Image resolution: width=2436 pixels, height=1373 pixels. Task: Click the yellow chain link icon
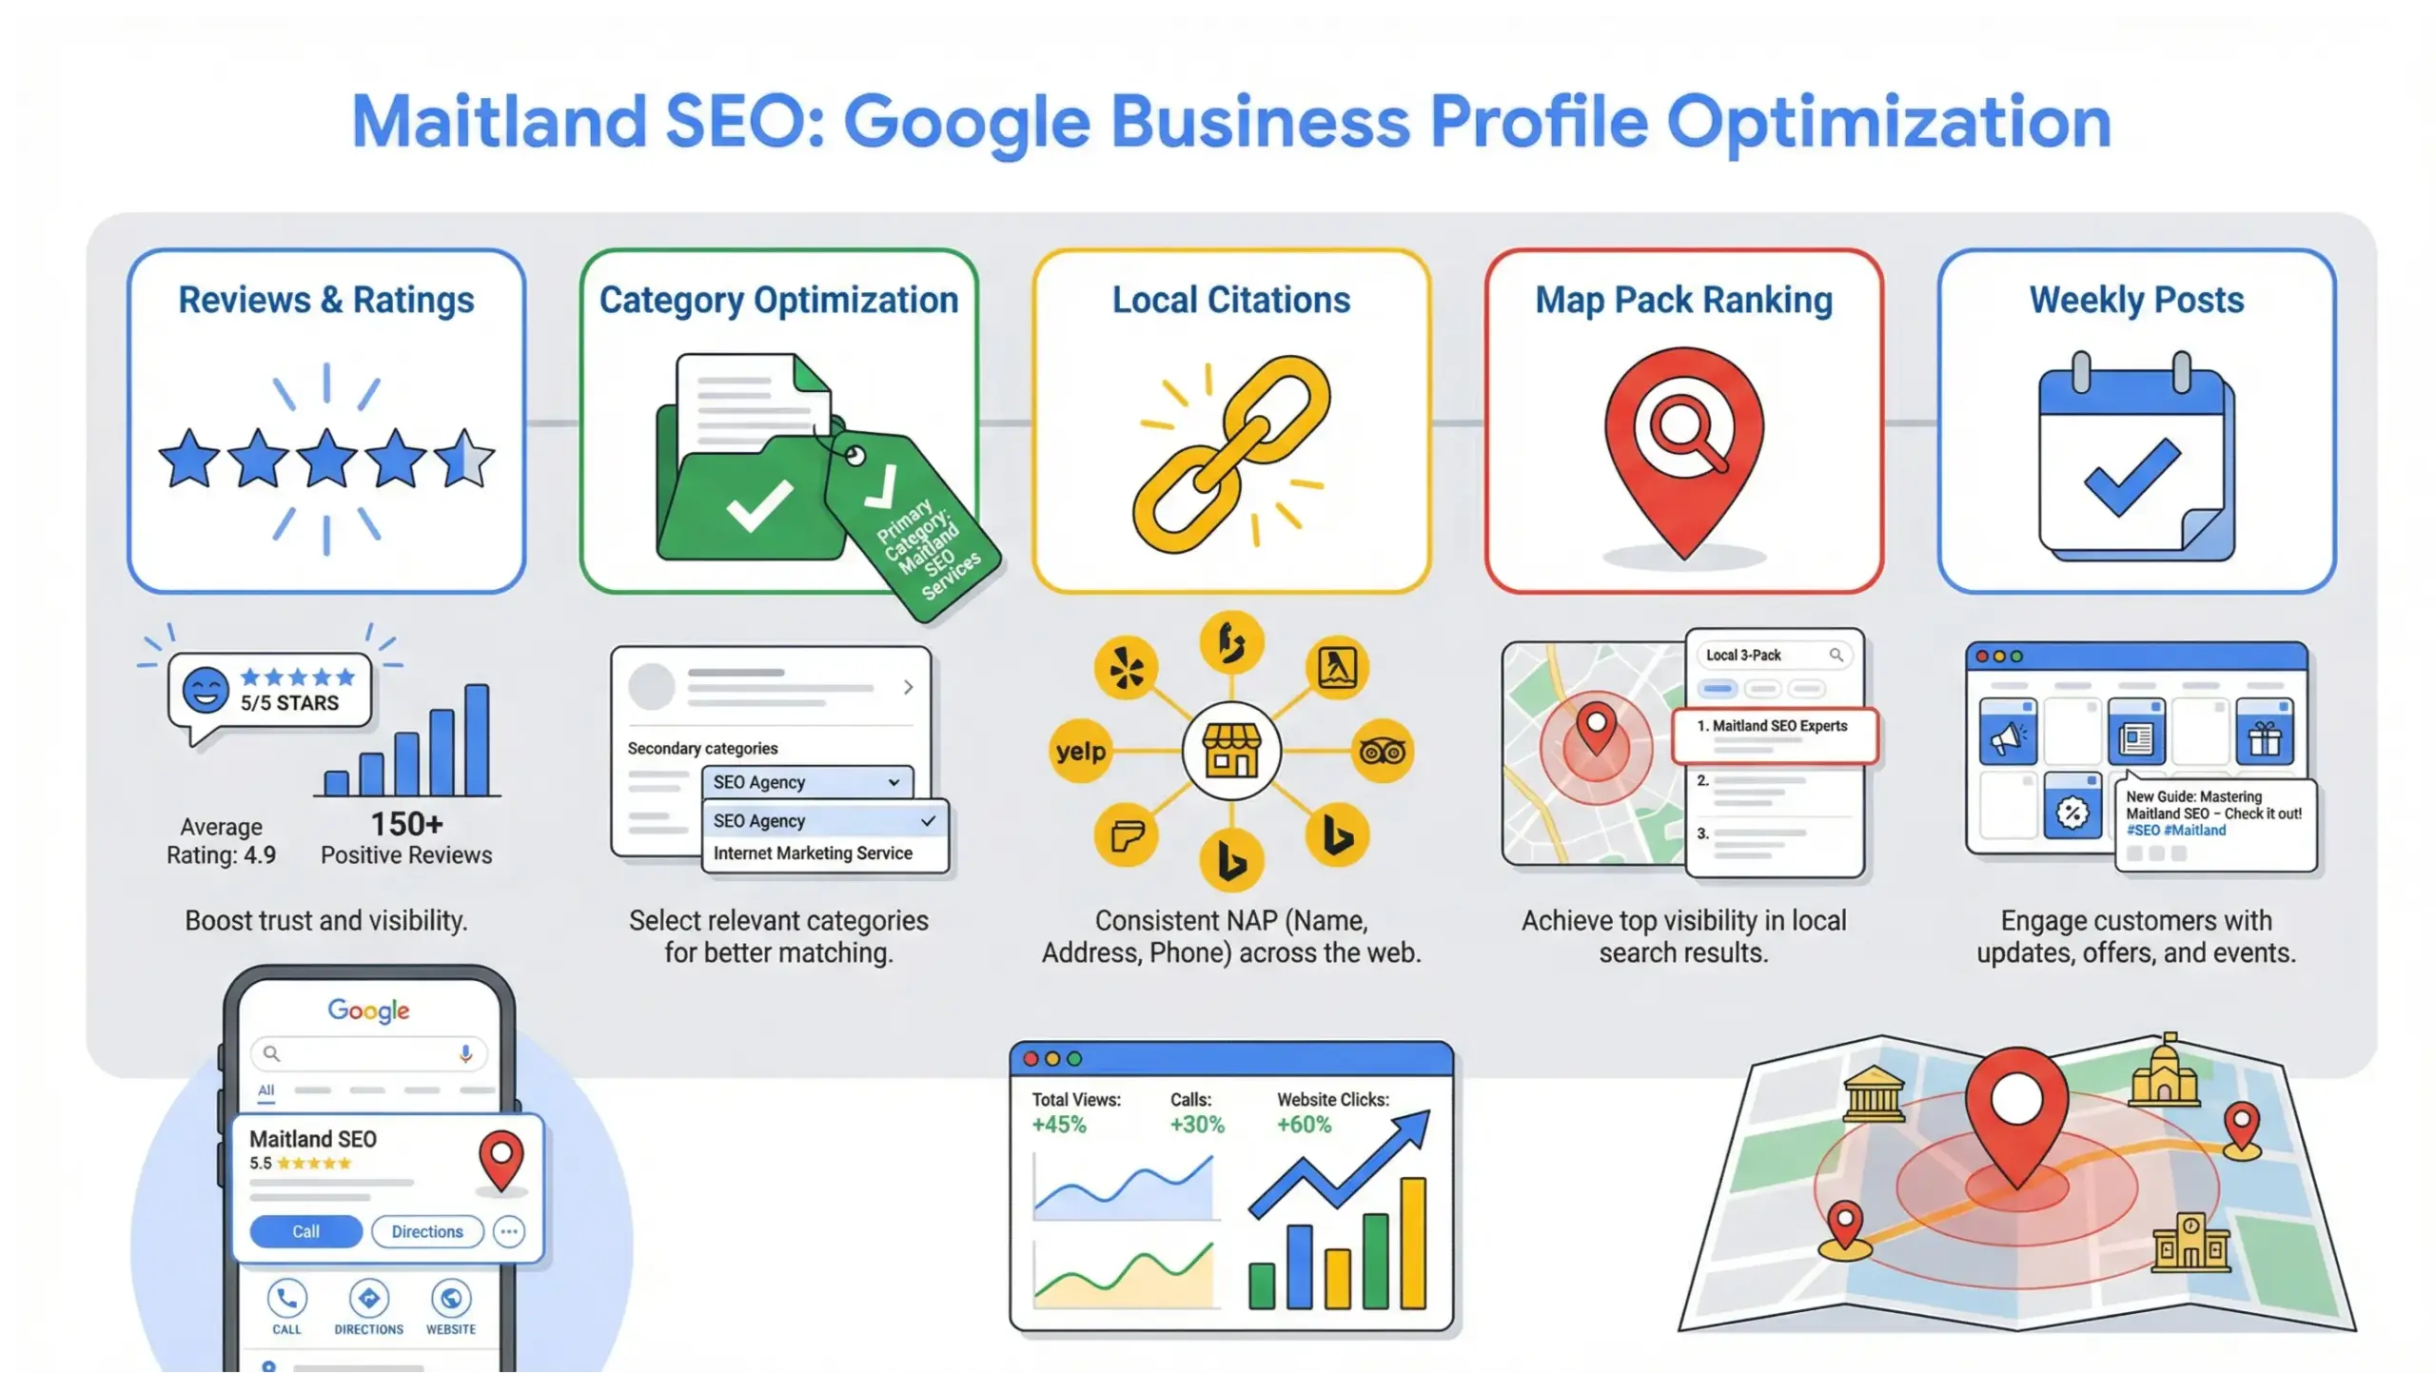click(x=1230, y=455)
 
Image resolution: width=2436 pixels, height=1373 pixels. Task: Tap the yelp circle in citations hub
click(x=1080, y=752)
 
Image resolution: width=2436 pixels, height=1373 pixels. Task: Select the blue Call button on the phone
click(x=305, y=1231)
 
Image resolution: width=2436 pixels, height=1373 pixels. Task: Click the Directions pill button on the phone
click(x=427, y=1231)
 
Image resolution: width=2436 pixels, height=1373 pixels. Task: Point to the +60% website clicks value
click(x=1304, y=1125)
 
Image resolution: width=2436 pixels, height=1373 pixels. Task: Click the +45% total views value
click(x=1059, y=1125)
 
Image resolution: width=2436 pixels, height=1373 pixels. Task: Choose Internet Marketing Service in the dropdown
click(x=813, y=853)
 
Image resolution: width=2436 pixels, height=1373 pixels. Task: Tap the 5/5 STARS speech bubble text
click(x=289, y=703)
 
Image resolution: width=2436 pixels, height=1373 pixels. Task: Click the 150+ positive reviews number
click(x=406, y=824)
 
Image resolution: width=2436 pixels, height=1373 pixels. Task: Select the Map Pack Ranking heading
click(x=1683, y=301)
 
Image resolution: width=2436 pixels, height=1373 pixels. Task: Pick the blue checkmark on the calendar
click(x=2131, y=479)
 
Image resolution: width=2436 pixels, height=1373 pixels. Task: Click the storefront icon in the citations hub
click(x=1231, y=751)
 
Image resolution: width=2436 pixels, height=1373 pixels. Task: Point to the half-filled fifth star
click(x=464, y=458)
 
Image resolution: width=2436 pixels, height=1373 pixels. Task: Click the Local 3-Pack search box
click(x=1774, y=655)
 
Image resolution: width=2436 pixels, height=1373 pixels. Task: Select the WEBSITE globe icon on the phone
click(x=451, y=1299)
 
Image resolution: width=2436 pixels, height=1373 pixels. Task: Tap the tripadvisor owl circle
click(x=1383, y=752)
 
